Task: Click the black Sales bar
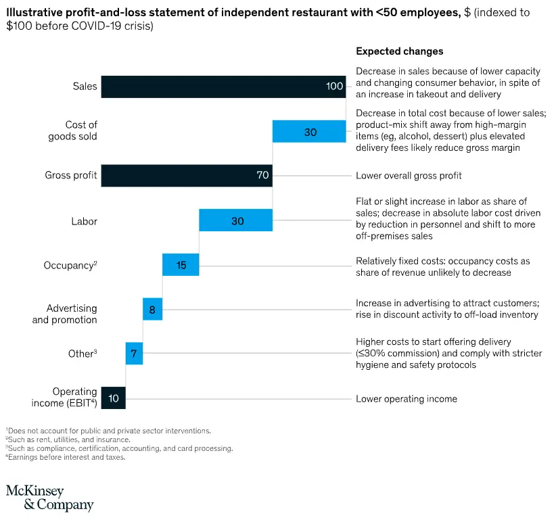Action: (x=223, y=87)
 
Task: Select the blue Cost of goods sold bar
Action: (x=309, y=131)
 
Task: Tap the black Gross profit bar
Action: (x=186, y=176)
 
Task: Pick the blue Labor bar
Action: (x=235, y=220)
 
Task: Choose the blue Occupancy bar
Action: (x=181, y=264)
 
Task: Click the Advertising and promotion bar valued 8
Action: (x=152, y=309)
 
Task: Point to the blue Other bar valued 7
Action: (x=134, y=354)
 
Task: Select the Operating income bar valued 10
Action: (x=113, y=398)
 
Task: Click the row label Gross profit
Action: (x=71, y=176)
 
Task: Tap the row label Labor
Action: (x=84, y=220)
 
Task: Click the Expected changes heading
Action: (x=399, y=51)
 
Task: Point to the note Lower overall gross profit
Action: (x=409, y=176)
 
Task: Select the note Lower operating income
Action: (x=406, y=398)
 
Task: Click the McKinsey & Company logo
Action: (x=49, y=498)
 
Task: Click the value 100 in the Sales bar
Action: (x=334, y=87)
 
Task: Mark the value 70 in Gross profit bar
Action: (x=262, y=176)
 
